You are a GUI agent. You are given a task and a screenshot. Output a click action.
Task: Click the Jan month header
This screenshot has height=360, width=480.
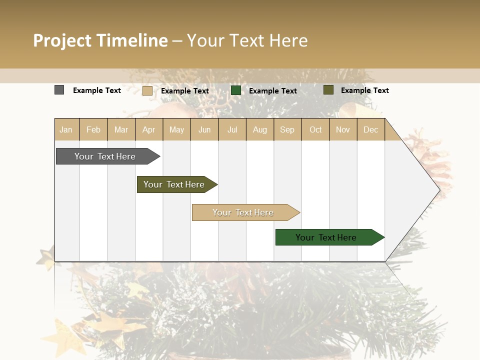pyautogui.click(x=66, y=129)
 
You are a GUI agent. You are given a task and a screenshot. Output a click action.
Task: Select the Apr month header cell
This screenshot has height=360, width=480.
pyautogui.click(x=149, y=129)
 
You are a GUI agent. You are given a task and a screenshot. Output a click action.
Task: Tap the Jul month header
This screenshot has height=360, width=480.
pyautogui.click(x=232, y=129)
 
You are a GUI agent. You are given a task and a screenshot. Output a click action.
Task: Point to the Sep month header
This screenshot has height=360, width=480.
pyautogui.click(x=287, y=129)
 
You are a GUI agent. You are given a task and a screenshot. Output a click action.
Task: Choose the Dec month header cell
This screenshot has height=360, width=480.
pyautogui.click(x=370, y=129)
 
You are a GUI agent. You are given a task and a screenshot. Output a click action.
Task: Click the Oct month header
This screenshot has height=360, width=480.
pyautogui.click(x=315, y=129)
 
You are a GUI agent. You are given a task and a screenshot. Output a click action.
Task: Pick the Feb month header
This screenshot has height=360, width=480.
pyautogui.click(x=93, y=129)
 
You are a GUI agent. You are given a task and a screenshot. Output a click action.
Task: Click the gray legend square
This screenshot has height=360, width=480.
pyautogui.click(x=59, y=90)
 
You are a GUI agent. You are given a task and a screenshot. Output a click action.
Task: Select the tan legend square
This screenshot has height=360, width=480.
pyautogui.click(x=147, y=90)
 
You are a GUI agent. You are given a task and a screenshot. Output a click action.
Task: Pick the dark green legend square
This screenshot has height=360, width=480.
pyautogui.click(x=236, y=90)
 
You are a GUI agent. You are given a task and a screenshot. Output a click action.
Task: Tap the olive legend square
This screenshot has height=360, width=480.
pyautogui.click(x=328, y=90)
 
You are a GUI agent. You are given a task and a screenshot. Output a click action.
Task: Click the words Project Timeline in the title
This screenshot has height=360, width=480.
pyautogui.click(x=100, y=40)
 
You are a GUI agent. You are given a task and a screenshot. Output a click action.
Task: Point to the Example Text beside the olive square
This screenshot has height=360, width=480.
pyautogui.click(x=364, y=90)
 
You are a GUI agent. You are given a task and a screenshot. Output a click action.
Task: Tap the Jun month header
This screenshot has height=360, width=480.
pyautogui.click(x=204, y=129)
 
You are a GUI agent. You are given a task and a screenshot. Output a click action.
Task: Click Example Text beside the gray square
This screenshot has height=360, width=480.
pyautogui.click(x=97, y=90)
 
